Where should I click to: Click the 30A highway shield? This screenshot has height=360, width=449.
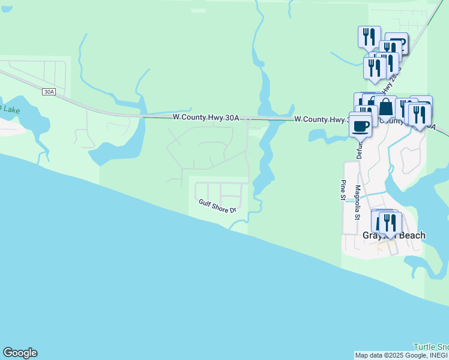point(49,92)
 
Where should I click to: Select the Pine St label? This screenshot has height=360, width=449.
point(343,190)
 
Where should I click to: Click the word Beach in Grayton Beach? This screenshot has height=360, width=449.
point(411,235)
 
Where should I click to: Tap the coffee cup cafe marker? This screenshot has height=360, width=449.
point(361,126)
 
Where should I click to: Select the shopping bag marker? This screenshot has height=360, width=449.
point(387,108)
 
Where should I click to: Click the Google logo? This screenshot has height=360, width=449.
point(20,353)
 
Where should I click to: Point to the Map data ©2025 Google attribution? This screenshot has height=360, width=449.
point(401,355)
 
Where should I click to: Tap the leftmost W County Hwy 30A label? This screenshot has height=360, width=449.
point(206,118)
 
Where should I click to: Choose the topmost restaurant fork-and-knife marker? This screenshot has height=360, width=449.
point(369,37)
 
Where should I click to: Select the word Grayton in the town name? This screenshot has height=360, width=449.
point(377,235)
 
